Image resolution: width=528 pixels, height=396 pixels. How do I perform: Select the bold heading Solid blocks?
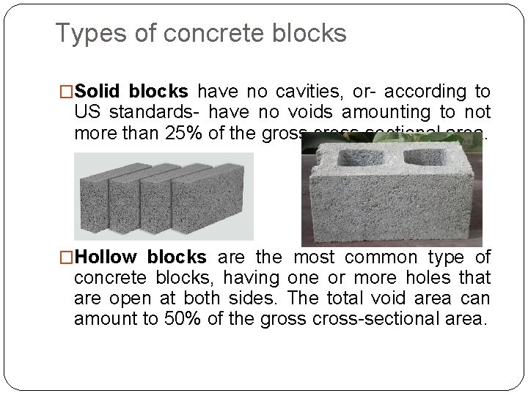click(131, 92)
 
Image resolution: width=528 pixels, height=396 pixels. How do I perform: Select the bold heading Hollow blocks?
click(140, 257)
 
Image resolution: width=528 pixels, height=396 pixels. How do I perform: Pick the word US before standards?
click(88, 112)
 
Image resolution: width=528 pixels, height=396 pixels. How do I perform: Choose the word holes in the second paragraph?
click(411, 278)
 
